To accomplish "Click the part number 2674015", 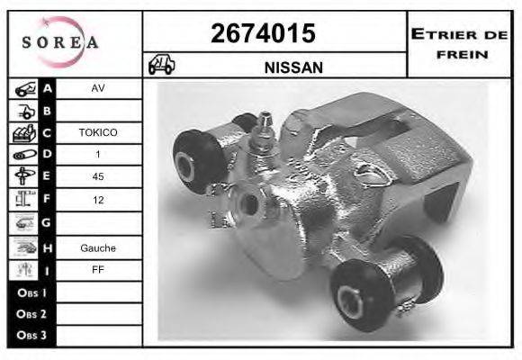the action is click(263, 33).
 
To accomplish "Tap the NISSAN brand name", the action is click(293, 67).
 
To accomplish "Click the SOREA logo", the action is click(60, 42).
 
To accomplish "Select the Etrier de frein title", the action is click(460, 44).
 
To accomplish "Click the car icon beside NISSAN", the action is click(161, 64).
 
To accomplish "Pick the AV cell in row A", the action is click(98, 88).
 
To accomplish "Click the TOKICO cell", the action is click(98, 132).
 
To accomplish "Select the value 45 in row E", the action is click(98, 176).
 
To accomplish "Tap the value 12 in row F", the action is click(98, 200).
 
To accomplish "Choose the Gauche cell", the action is click(98, 248).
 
